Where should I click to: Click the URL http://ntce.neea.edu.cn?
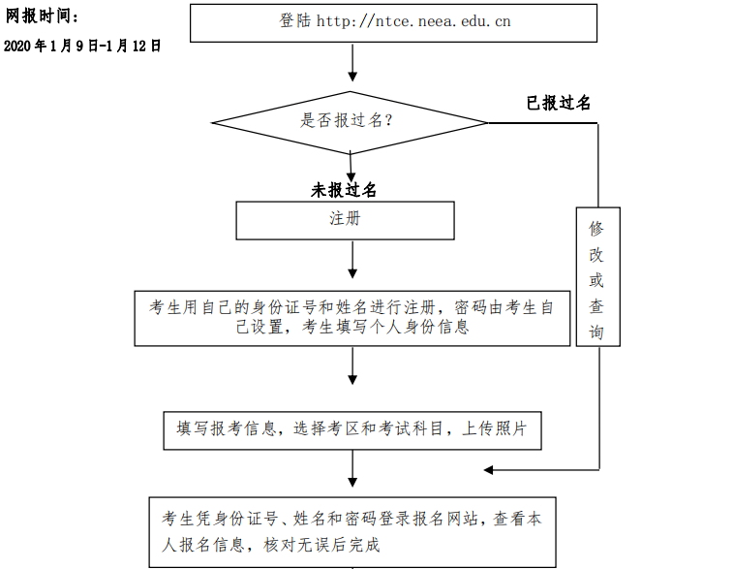pos(413,21)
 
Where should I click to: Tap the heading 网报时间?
pos(42,16)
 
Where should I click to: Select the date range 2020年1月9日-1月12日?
pos(82,46)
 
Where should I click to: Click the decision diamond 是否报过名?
pos(350,122)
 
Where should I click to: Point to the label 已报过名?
pos(558,103)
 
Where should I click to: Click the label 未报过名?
pos(344,190)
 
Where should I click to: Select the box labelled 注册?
pos(345,220)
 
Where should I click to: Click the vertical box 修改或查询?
pos(597,276)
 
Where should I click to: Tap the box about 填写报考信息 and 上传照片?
pos(352,430)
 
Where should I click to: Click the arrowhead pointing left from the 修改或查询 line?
pos(488,470)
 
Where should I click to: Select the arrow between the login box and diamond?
pos(352,62)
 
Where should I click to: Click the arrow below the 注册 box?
pos(352,260)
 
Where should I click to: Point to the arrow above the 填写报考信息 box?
pos(352,365)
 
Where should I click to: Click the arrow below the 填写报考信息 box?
pos(352,469)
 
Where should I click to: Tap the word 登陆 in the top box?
pos(295,21)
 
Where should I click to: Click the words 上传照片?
pos(495,428)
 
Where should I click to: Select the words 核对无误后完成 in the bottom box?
pos(321,545)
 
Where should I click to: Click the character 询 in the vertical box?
pos(596,332)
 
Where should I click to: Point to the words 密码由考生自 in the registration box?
pos(504,307)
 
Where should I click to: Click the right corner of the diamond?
pos(488,123)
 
